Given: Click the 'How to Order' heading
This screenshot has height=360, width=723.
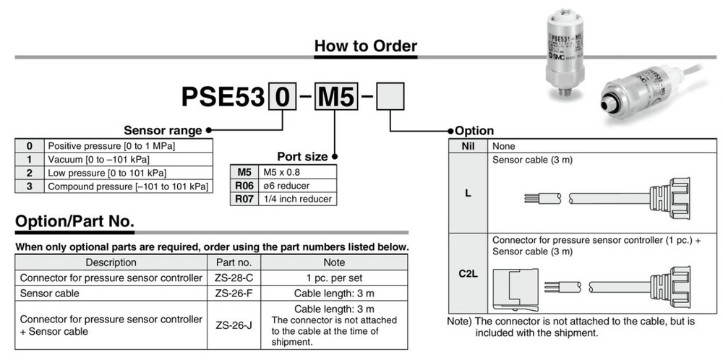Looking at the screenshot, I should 365,46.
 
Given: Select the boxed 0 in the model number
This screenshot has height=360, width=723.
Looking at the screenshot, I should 282,97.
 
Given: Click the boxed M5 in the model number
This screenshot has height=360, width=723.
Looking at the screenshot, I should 335,97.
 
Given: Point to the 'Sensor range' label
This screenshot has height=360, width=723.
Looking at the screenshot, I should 163,131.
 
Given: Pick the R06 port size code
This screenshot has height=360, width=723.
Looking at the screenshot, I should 244,185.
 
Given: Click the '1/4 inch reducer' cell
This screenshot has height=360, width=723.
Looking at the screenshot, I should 296,199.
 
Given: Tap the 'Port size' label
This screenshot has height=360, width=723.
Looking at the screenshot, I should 303,157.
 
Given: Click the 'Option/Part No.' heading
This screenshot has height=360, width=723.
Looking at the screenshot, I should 74,221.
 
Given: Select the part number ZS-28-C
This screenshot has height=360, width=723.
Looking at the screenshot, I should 234,278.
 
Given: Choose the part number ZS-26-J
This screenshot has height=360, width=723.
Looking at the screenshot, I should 234,325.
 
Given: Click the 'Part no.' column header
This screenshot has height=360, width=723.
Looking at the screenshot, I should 234,262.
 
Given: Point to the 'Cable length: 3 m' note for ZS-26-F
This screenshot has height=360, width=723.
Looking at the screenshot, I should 334,294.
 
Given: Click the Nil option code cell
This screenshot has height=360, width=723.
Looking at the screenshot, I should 467,145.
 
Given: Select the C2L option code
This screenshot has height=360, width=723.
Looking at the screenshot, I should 467,274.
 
